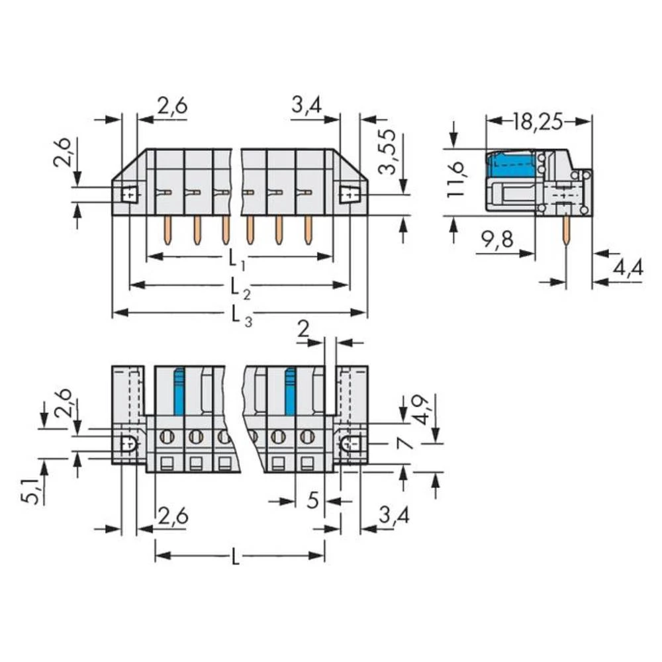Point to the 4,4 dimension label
point(626,268)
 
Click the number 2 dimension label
point(304,329)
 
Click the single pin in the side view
point(566,231)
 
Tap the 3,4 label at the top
point(306,105)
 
